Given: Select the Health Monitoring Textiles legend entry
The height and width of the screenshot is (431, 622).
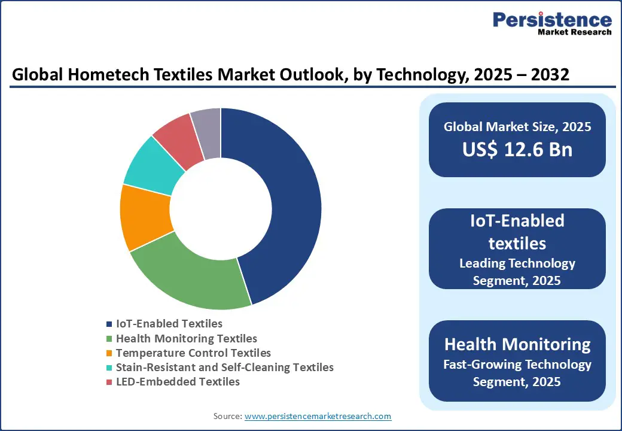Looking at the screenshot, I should click(186, 339).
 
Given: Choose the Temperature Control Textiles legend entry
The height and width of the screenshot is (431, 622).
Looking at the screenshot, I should click(193, 353).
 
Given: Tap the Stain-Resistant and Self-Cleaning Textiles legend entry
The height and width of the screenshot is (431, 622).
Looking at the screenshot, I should click(224, 368).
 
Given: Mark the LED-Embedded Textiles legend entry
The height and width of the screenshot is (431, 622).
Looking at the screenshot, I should click(178, 382).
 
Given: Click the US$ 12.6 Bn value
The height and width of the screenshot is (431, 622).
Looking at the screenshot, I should click(517, 150).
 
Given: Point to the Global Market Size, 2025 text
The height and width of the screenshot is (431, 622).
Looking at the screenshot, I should click(517, 127).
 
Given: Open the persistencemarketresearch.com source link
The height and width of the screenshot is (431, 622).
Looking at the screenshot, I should click(318, 416).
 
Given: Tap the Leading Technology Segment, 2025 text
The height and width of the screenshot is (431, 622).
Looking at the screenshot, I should click(517, 272).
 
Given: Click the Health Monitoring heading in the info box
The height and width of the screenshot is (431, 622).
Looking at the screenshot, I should click(517, 344).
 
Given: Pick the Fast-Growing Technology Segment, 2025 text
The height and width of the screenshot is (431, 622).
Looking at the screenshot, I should click(517, 373).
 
